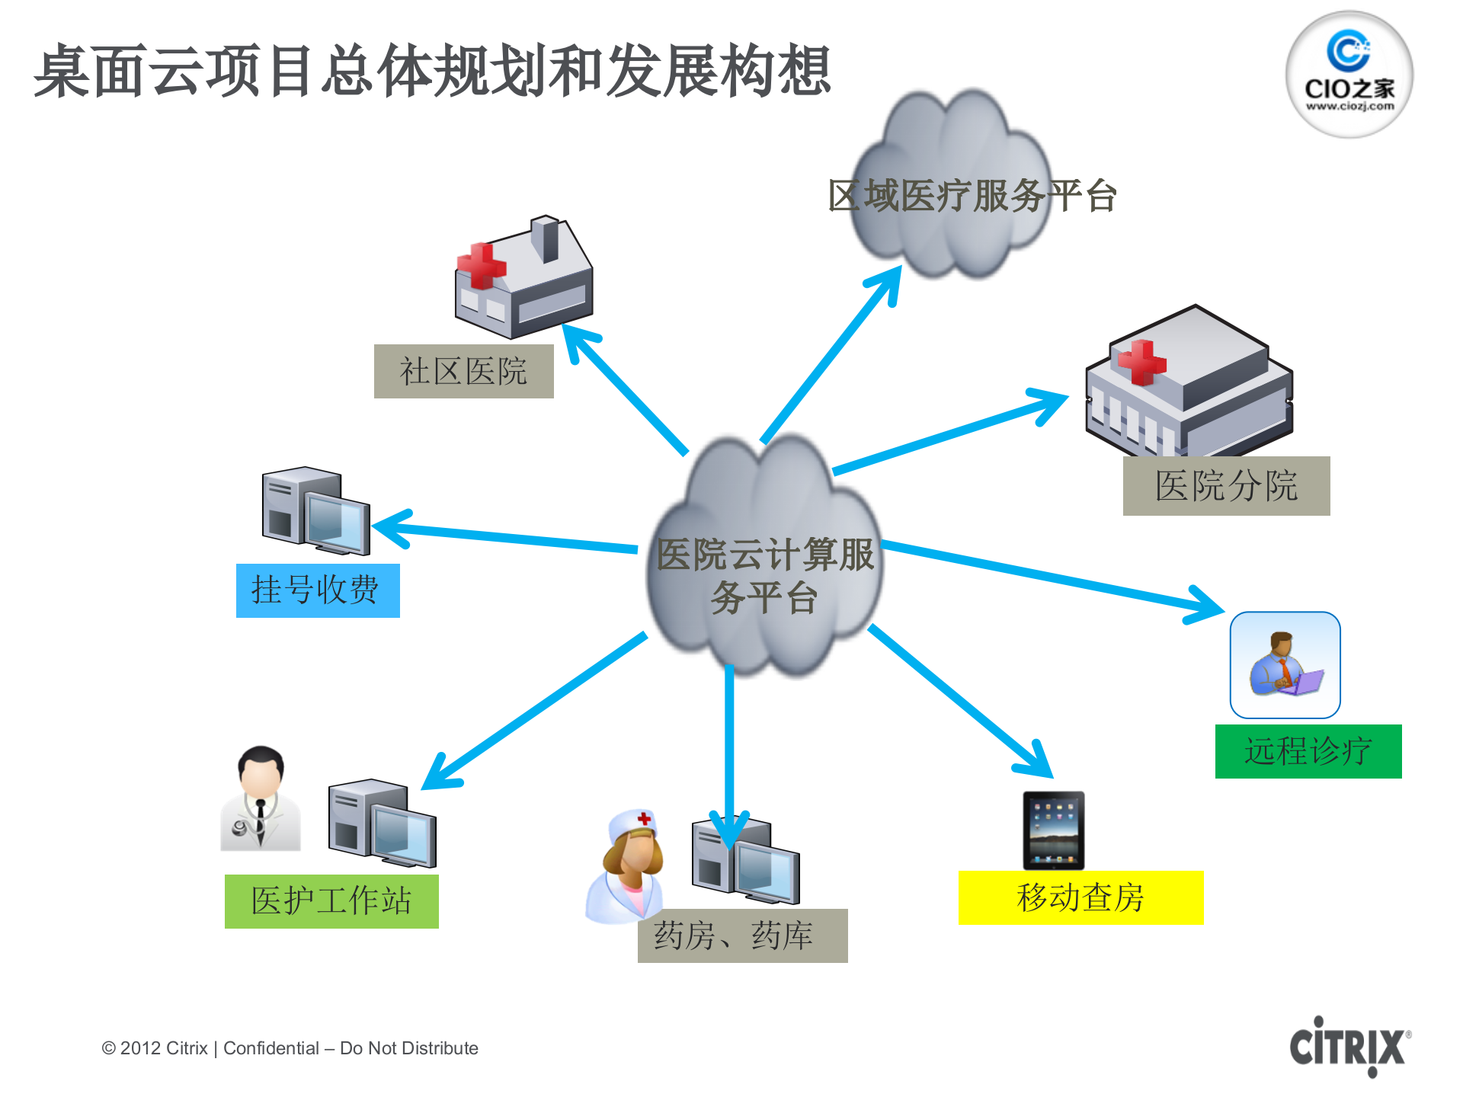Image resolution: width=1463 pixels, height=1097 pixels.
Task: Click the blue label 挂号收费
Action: click(317, 590)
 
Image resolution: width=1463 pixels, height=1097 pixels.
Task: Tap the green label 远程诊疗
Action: click(1308, 751)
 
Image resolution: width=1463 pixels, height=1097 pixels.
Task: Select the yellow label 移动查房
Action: click(1080, 897)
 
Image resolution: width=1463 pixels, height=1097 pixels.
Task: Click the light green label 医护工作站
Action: click(331, 901)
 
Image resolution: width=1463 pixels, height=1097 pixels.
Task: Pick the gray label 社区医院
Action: click(463, 371)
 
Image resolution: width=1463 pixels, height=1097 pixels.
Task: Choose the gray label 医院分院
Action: click(1226, 486)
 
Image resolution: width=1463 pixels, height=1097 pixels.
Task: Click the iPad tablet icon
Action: click(1053, 830)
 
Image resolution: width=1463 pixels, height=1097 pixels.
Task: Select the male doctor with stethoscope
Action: click(261, 800)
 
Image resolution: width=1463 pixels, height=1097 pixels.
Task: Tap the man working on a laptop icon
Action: click(1285, 665)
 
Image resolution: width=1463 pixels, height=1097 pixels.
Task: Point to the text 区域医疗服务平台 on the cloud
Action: click(972, 196)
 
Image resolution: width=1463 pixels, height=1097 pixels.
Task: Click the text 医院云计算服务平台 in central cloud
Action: click(764, 575)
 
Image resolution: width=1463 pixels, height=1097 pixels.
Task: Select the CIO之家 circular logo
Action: click(1349, 75)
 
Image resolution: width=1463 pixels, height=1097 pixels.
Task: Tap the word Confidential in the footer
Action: click(271, 1048)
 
